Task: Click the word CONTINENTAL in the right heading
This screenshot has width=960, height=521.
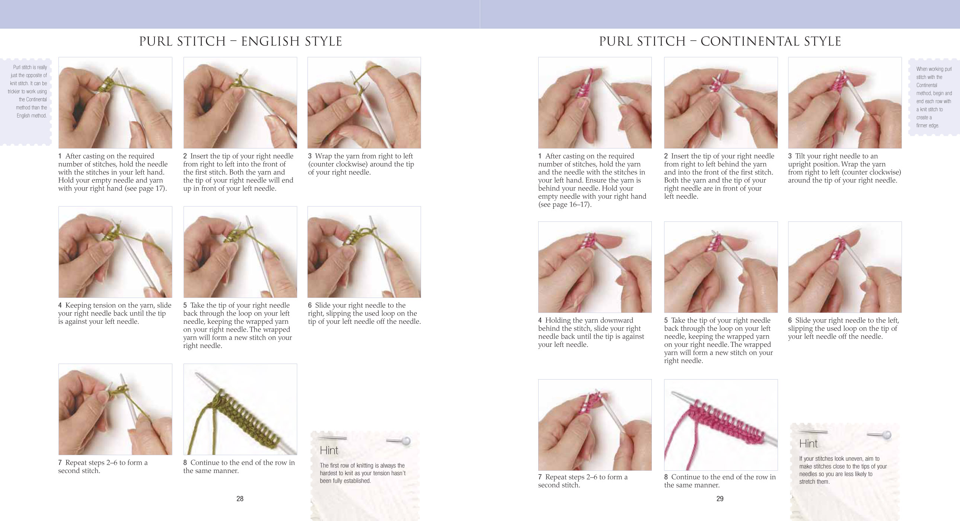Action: (749, 41)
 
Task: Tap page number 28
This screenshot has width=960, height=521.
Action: (240, 499)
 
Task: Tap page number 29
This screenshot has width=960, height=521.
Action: (720, 499)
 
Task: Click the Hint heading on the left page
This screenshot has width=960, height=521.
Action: (329, 450)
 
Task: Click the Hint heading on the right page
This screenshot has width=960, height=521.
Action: (808, 444)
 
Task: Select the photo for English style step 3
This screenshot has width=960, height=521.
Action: (364, 102)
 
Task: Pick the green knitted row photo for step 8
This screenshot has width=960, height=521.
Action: (240, 409)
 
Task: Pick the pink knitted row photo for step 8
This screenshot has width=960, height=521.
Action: (720, 425)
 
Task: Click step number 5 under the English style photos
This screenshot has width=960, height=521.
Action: (185, 306)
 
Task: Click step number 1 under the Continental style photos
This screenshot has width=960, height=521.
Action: (540, 156)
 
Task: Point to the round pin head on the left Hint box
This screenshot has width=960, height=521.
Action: (406, 441)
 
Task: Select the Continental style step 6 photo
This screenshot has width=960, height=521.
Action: (845, 267)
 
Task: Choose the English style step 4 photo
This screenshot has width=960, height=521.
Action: (115, 252)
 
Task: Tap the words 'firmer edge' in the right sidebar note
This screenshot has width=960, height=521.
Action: (927, 125)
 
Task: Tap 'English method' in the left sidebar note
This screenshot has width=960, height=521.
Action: (32, 115)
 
